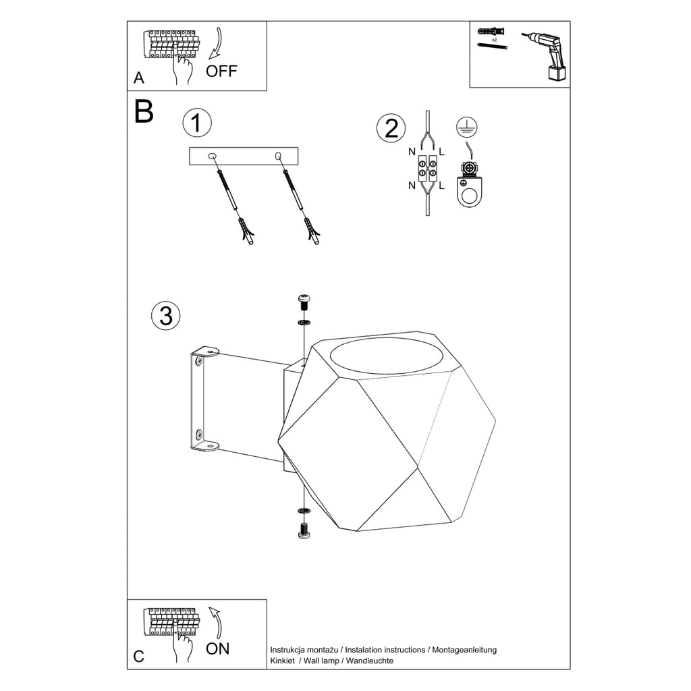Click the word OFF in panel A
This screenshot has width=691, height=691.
221,71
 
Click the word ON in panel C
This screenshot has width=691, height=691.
218,648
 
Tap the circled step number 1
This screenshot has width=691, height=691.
197,123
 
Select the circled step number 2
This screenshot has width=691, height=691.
391,128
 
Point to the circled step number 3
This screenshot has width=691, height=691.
166,316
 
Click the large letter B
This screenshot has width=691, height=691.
144,111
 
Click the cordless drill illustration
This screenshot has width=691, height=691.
547,55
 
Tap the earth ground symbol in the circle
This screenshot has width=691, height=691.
467,127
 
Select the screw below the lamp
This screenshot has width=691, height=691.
304,530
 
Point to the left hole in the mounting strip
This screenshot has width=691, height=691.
212,156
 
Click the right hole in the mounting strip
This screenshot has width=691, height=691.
278,156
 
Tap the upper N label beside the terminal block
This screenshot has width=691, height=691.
412,152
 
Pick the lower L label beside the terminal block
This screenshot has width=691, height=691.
441,186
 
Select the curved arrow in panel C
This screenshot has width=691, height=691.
217,623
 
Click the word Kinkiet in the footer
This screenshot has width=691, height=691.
283,661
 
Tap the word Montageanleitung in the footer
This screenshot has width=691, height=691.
464,650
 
